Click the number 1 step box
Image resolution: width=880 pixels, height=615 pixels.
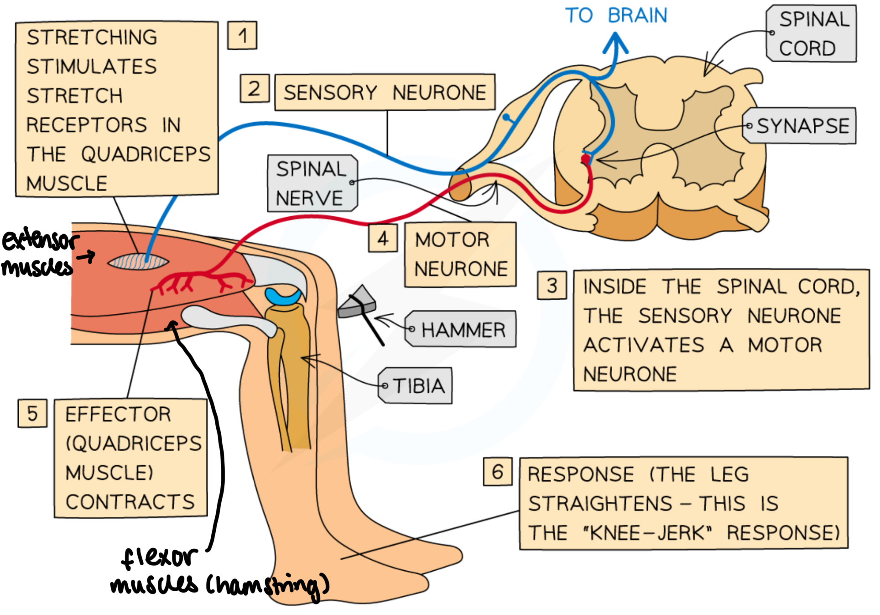[242, 35]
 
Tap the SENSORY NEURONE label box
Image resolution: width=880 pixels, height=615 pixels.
[385, 93]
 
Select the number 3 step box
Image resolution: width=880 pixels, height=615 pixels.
[552, 286]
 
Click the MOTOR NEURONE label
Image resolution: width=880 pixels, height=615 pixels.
[460, 255]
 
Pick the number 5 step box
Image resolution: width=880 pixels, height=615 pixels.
[32, 413]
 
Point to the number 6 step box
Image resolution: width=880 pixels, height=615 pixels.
[497, 472]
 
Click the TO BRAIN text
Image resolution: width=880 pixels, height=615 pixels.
[616, 16]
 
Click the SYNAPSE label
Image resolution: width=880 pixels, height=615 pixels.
[802, 126]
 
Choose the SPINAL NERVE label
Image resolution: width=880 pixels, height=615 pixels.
[312, 183]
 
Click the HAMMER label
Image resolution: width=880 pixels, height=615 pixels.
[462, 329]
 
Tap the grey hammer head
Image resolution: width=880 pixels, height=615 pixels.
[357, 303]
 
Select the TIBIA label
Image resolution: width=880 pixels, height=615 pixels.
[417, 386]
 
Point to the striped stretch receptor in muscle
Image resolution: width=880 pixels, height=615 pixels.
[138, 262]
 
